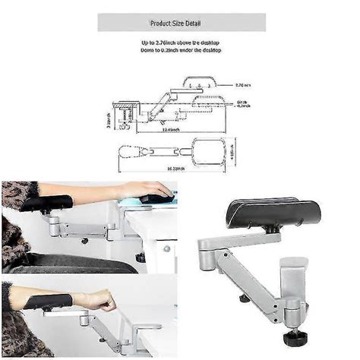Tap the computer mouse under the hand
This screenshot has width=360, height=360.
[x=156, y=199]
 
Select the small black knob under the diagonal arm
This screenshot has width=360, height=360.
[x=245, y=298]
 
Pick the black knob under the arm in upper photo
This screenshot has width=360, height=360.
[x=84, y=241]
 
